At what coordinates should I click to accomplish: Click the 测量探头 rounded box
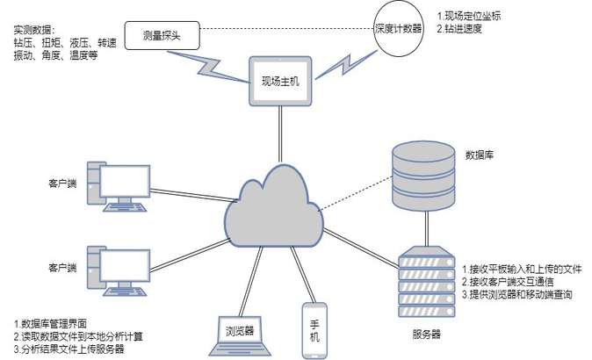click(162, 35)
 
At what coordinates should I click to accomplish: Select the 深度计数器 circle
click(399, 28)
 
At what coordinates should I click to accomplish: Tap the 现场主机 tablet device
click(280, 81)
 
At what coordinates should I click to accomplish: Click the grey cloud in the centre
click(274, 207)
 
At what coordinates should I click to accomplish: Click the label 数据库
click(479, 155)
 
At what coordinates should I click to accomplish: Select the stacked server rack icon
click(427, 282)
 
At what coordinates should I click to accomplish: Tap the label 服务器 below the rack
click(426, 334)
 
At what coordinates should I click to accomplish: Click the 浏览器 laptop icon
click(240, 335)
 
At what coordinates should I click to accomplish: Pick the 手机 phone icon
click(314, 330)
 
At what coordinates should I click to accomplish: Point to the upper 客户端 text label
click(62, 184)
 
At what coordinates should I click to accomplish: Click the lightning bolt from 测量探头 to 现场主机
click(207, 67)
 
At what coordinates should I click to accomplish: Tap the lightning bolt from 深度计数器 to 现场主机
click(346, 64)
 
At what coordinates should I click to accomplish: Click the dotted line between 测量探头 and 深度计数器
click(286, 28)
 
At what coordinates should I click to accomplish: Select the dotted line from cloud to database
click(355, 193)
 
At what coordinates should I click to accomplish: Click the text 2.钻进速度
click(459, 29)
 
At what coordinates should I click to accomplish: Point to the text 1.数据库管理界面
click(51, 323)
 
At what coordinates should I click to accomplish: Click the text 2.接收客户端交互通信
click(508, 282)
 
